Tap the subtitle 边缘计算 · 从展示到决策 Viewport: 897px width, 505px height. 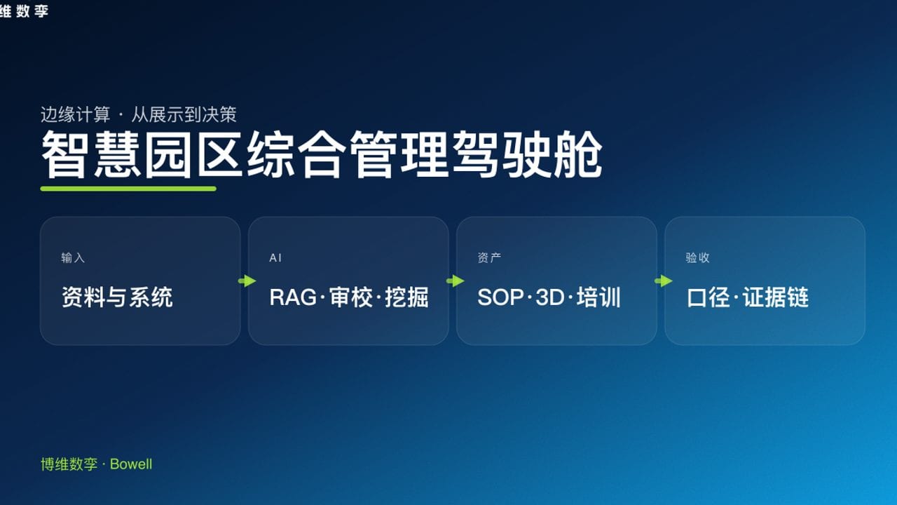coord(138,114)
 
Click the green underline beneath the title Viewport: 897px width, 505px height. coord(128,189)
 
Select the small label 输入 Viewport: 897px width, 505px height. coord(73,258)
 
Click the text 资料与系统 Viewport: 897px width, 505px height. coord(117,297)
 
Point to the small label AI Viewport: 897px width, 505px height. coord(275,258)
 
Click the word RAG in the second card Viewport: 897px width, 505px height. coord(293,297)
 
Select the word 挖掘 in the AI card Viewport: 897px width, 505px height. coord(406,297)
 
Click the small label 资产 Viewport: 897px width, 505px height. coord(489,258)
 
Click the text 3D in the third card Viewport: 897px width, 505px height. coord(550,297)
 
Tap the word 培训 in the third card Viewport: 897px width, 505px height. coord(598,297)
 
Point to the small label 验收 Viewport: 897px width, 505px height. coord(697,258)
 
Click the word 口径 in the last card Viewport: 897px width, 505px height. coord(708,297)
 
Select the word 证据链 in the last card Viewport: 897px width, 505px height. coord(776,297)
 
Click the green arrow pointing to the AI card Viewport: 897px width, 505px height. coord(247,281)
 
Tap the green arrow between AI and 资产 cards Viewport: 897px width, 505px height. coord(455,281)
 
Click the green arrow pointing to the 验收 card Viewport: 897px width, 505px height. coord(663,281)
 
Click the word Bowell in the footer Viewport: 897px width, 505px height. coord(131,464)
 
